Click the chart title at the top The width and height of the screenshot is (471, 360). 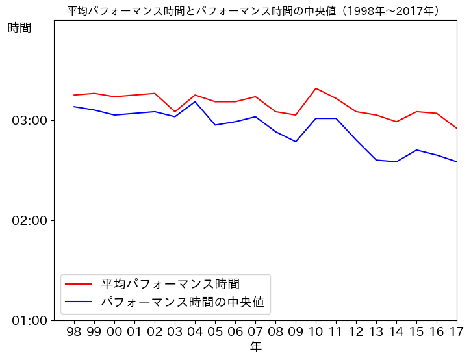tap(255, 11)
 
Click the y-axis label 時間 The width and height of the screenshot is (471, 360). tap(19, 28)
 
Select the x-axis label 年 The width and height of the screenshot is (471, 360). tap(255, 348)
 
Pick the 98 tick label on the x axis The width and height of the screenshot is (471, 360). tap(74, 332)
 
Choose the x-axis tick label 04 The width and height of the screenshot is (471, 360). tap(195, 332)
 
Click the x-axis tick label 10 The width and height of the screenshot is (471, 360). tap(316, 332)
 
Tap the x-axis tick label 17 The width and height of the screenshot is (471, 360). tap(456, 332)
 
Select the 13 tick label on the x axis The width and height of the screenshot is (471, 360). tap(376, 332)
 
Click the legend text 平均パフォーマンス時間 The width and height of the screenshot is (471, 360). tap(170, 284)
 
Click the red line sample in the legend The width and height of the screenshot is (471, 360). tap(79, 284)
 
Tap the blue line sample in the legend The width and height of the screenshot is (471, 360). tap(79, 302)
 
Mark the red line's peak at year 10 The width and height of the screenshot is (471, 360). tap(316, 88)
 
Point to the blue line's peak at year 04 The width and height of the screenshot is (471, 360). tap(195, 101)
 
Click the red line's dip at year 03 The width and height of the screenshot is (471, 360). tap(175, 112)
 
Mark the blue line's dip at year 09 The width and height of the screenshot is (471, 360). tap(296, 142)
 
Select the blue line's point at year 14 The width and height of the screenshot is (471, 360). tap(396, 161)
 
